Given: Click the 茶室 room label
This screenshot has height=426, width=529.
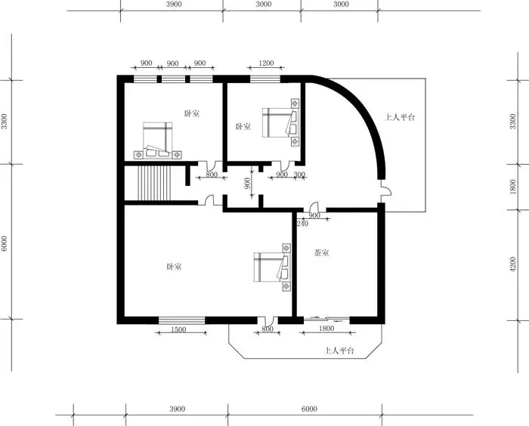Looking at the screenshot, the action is (321, 252).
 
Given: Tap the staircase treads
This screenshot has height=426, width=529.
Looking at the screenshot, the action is (154, 183).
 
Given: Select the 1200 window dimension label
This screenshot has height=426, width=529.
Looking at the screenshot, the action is (266, 63).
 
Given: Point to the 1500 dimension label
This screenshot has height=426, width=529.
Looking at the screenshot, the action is (178, 329).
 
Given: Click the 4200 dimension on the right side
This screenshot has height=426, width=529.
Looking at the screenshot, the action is (513, 264).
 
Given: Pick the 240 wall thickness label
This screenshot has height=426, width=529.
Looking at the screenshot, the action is (302, 224).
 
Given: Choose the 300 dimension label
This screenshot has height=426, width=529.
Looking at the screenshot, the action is (299, 174).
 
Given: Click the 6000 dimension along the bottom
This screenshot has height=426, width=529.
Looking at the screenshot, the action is (309, 409).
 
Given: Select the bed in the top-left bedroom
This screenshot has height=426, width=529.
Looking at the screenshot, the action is (157, 140).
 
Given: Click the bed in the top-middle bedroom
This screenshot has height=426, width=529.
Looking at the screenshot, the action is (280, 122).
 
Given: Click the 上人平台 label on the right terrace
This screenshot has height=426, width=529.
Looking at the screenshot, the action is (400, 117).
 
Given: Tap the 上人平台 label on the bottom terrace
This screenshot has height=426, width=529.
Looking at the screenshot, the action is (339, 350).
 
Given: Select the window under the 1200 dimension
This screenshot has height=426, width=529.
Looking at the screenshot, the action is (265, 79).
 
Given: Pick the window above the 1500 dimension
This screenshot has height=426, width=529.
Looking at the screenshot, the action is (182, 320).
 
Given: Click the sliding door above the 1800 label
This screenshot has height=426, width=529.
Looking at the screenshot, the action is (326, 319).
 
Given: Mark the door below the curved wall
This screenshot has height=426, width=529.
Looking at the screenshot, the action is (386, 191).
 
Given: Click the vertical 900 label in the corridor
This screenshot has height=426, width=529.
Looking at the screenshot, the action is (248, 184).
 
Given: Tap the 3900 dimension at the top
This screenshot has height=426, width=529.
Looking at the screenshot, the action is (174, 4).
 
